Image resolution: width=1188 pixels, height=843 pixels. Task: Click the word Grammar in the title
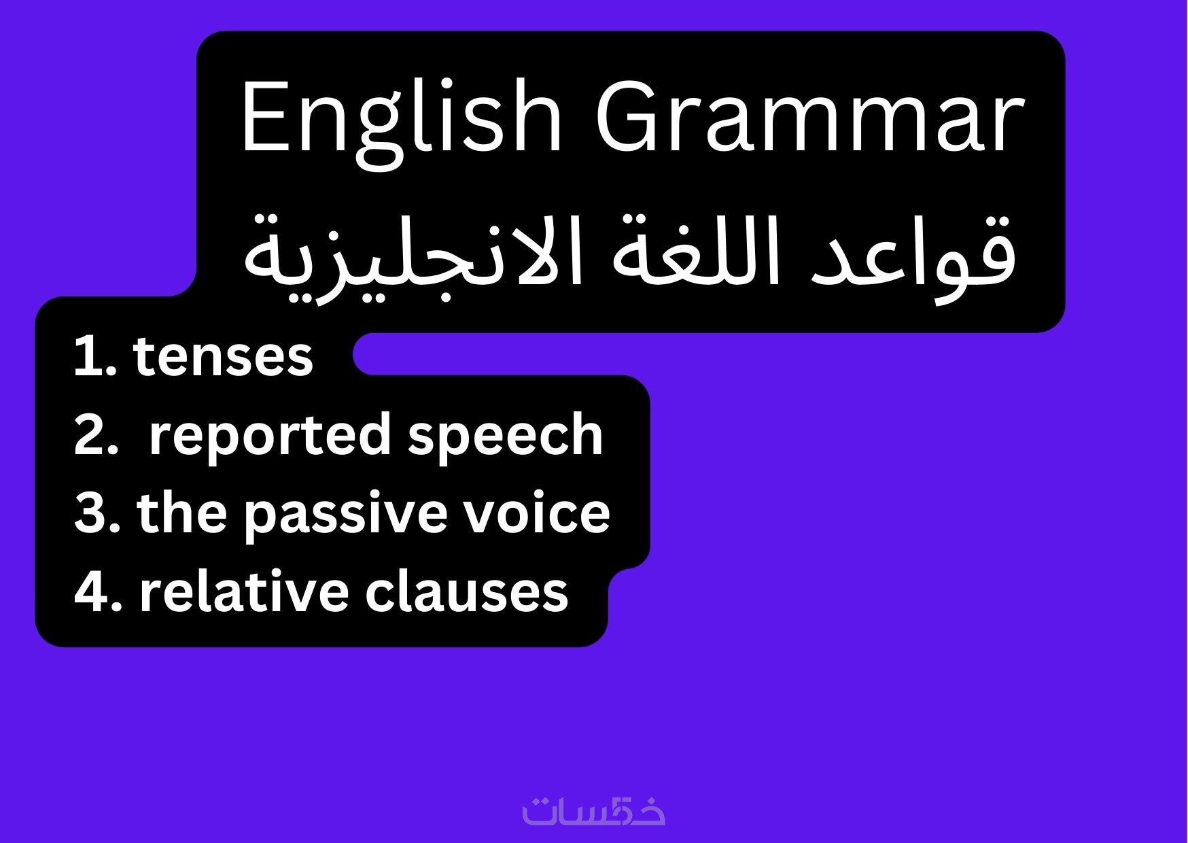tap(810, 116)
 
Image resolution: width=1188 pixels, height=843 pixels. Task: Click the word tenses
tap(223, 356)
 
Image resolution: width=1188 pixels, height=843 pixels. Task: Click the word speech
tap(505, 435)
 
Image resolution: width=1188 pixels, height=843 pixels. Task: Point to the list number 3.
tap(96, 513)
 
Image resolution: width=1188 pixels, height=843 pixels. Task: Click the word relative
tap(245, 591)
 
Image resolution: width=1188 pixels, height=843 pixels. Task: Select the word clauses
tap(466, 591)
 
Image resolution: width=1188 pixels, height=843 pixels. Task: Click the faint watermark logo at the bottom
tap(593, 809)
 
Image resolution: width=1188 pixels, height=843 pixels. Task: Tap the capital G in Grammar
tap(630, 116)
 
